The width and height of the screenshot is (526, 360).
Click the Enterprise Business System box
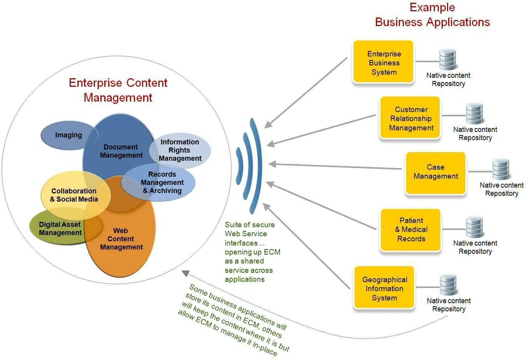pos(383,62)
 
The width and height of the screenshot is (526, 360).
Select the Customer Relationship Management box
pos(410,118)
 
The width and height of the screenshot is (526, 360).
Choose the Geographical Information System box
pos(384,288)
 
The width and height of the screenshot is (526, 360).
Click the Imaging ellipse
pos(68,135)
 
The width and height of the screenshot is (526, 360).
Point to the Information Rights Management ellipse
pos(180,150)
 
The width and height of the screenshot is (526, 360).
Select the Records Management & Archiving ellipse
pos(162,183)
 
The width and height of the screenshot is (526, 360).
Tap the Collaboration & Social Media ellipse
pos(74,195)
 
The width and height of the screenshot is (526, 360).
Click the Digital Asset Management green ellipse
pos(60,229)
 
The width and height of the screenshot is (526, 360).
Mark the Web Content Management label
pos(121,239)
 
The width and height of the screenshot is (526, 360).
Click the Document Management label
pos(121,151)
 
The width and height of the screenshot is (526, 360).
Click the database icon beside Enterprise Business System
pos(447,60)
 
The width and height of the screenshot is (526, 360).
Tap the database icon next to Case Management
pos(501,169)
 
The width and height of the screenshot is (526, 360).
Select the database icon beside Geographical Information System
pos(448,285)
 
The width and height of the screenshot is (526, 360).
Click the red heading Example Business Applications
pos(432,15)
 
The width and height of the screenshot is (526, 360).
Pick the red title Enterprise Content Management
pos(118,90)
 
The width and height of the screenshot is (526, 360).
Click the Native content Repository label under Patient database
pos(475,247)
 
